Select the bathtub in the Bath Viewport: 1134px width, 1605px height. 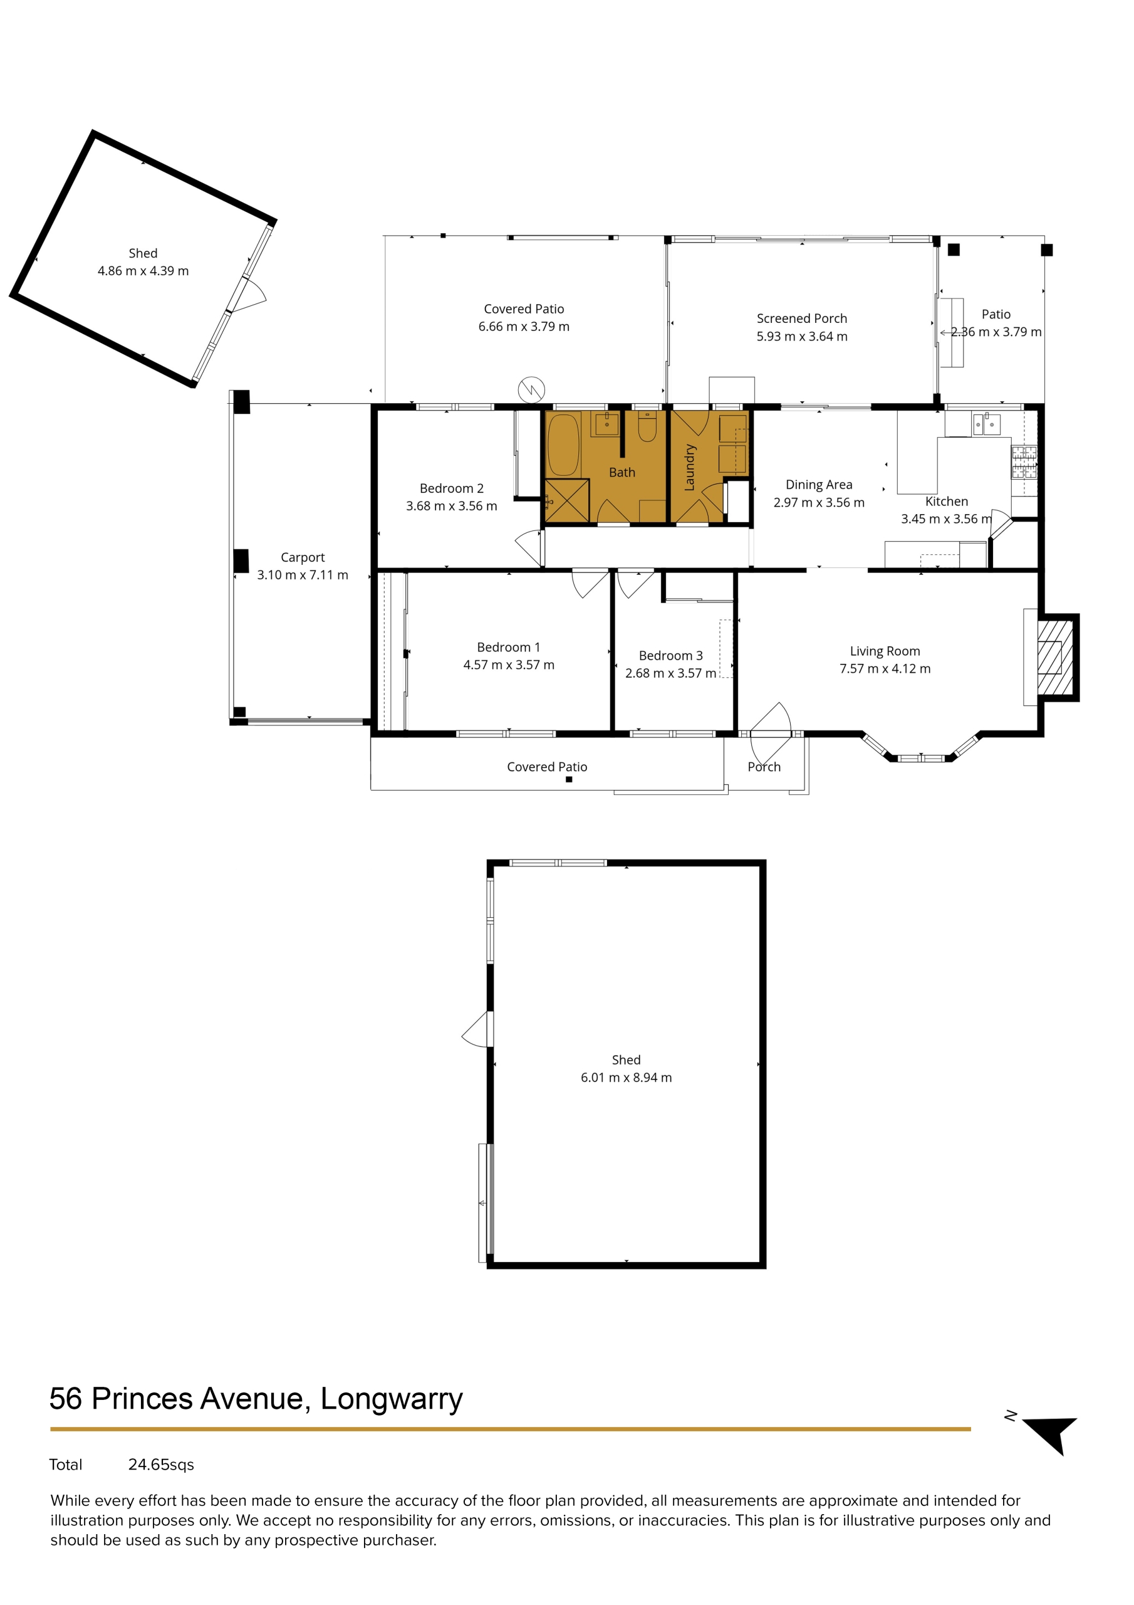point(563,445)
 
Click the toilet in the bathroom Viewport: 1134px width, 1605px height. point(647,427)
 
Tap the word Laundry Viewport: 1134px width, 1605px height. point(690,467)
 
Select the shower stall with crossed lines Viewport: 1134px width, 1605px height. point(566,500)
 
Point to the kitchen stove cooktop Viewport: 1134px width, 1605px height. point(1024,462)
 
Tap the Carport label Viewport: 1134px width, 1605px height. point(303,557)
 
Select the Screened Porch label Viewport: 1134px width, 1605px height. point(801,318)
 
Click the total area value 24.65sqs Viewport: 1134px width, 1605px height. point(161,1465)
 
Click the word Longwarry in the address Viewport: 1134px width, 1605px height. point(392,1399)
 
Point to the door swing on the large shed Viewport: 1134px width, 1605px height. point(477,1029)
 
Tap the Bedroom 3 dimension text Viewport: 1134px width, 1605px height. point(671,673)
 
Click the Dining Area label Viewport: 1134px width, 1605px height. point(819,485)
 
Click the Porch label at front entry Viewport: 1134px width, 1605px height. point(764,767)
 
